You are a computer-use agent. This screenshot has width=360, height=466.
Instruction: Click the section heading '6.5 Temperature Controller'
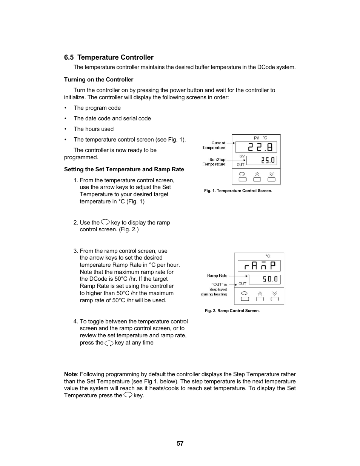pyautogui.click(x=109, y=57)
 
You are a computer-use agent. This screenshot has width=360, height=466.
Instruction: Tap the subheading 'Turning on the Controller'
pyautogui.click(x=98, y=80)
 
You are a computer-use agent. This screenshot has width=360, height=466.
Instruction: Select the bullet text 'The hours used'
pyautogui.click(x=94, y=129)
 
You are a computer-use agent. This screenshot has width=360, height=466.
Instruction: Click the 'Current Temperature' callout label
pyautogui.click(x=214, y=145)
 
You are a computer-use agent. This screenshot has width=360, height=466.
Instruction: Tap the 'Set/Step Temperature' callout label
pyautogui.click(x=214, y=162)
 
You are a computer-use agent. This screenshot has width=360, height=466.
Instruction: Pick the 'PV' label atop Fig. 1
pyautogui.click(x=256, y=138)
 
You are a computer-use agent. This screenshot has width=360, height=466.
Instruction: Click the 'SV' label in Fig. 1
pyautogui.click(x=242, y=156)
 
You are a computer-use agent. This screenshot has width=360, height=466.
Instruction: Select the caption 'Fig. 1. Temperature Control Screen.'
pyautogui.click(x=238, y=191)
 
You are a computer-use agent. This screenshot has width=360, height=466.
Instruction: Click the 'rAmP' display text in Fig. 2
pyautogui.click(x=259, y=266)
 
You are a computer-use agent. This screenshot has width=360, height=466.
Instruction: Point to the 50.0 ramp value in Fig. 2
pyautogui.click(x=270, y=279)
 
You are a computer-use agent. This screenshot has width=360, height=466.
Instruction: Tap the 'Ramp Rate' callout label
pyautogui.click(x=217, y=276)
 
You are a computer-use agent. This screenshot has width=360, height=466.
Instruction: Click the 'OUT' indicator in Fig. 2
pyautogui.click(x=242, y=284)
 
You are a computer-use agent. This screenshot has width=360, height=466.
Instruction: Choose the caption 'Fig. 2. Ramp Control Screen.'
pyautogui.click(x=232, y=311)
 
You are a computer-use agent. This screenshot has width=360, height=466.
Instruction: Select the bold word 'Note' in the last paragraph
pyautogui.click(x=70, y=374)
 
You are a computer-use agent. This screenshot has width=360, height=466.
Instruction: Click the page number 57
pyautogui.click(x=180, y=443)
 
